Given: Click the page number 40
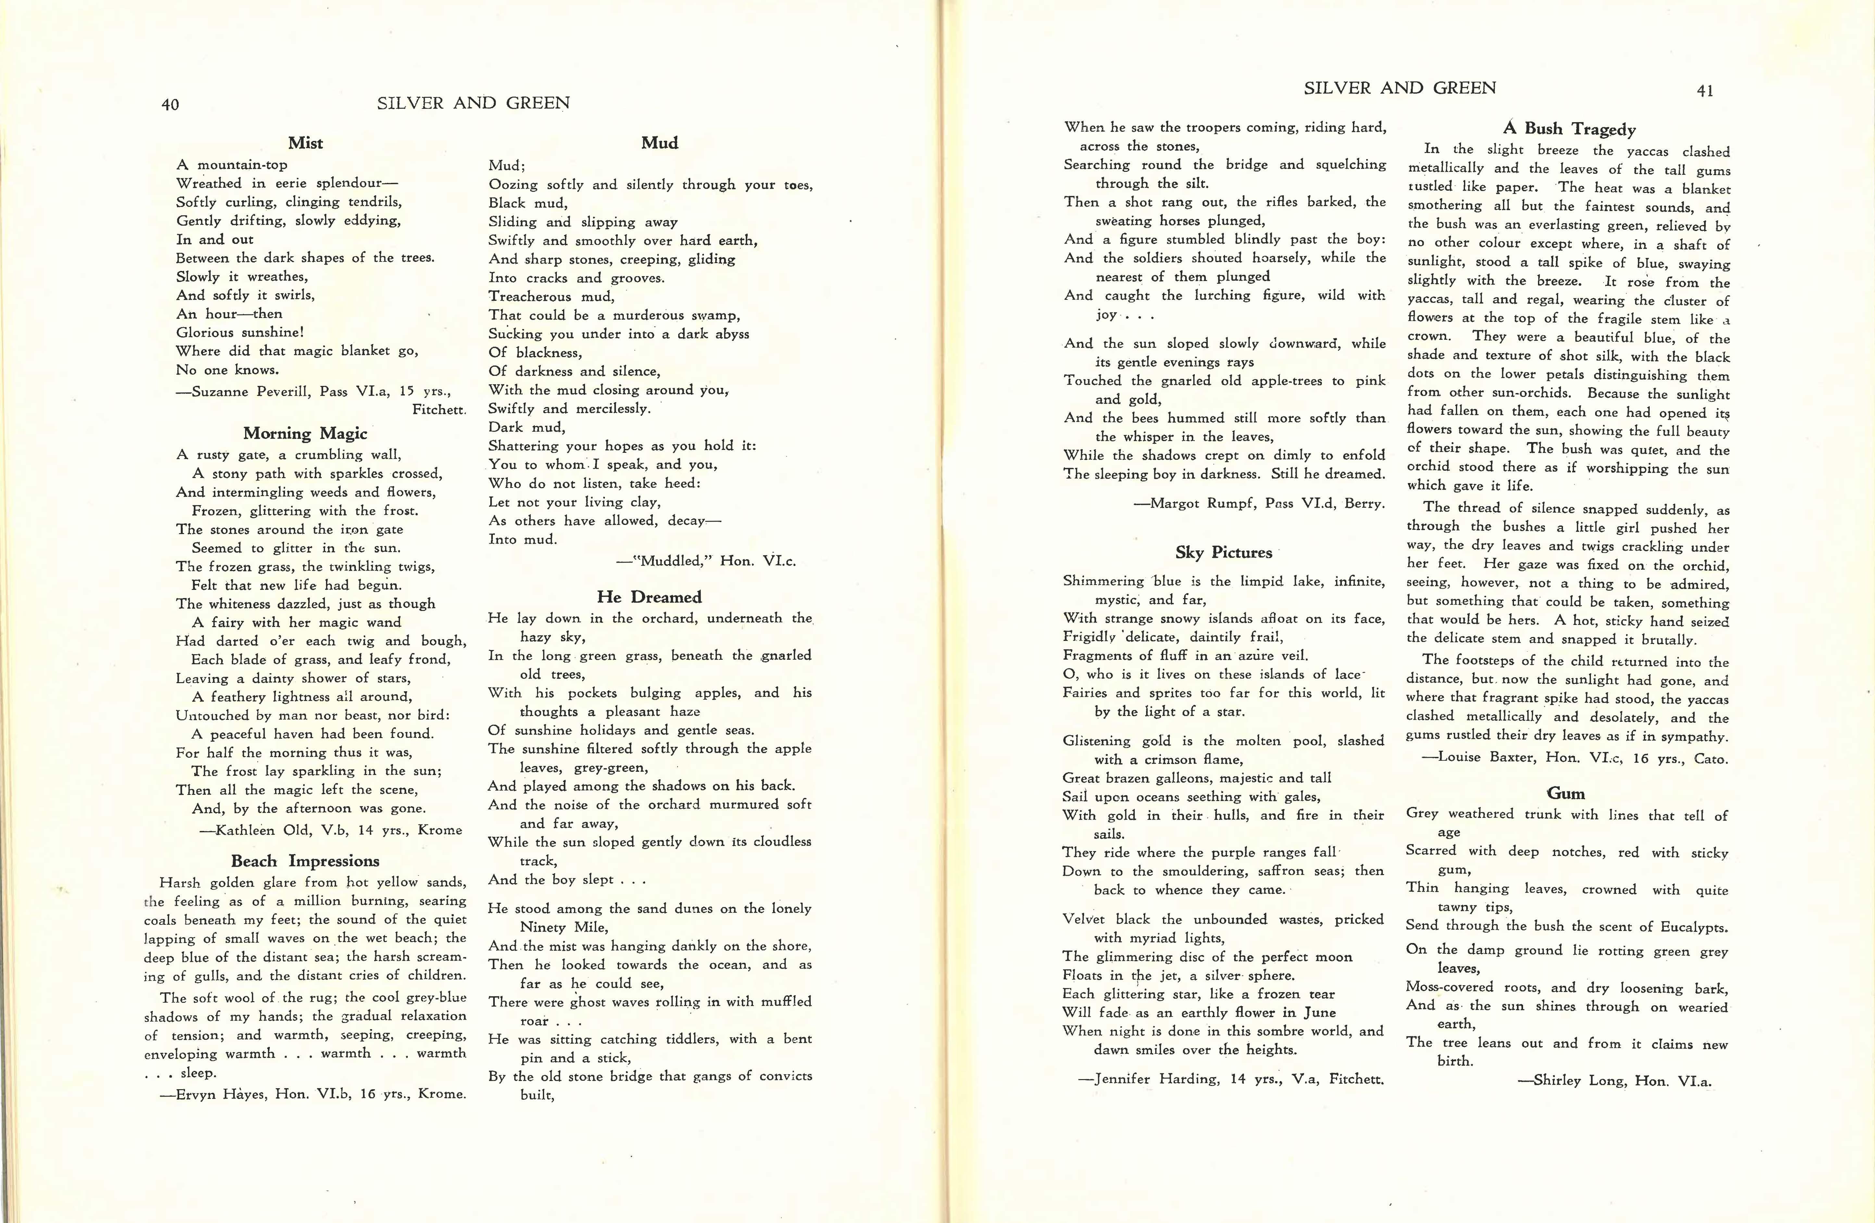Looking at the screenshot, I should click(170, 105).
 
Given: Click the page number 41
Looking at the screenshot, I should click(1705, 91).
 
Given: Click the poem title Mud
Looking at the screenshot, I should click(659, 143).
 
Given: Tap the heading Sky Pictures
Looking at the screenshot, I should click(1223, 553).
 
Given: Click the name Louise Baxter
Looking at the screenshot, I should click(1487, 758).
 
